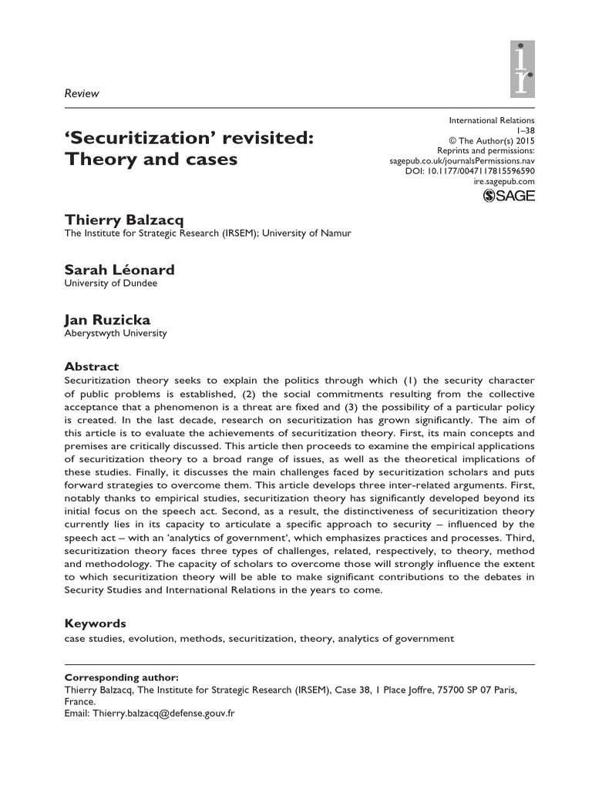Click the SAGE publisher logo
tap(508, 196)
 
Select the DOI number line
tap(469, 171)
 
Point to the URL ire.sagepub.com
tap(503, 181)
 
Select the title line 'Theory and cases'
tap(150, 160)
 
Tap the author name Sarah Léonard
tap(119, 270)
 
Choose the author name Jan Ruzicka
tap(106, 320)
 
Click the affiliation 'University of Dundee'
tap(110, 284)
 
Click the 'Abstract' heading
tap(91, 367)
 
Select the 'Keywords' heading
tap(95, 623)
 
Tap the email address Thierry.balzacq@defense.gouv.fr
tap(163, 713)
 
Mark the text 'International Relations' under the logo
tap(491, 121)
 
